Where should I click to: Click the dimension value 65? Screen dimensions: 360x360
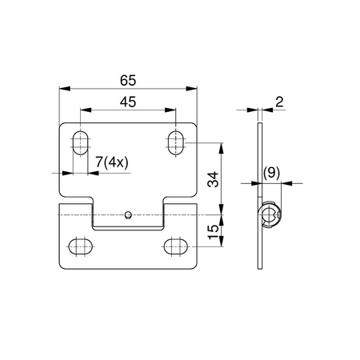[128, 81]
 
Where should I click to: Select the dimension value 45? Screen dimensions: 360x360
[128, 102]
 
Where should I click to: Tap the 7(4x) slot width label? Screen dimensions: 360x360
[112, 162]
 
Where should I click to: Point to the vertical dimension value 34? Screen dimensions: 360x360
[213, 179]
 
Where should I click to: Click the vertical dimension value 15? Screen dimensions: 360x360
[213, 232]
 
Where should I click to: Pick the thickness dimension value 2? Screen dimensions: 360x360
[279, 102]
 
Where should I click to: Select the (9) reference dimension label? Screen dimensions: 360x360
[272, 173]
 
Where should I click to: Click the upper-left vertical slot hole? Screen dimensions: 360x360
[80, 142]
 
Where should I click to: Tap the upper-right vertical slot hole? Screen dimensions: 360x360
[176, 142]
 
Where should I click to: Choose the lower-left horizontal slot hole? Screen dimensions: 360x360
[80, 246]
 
